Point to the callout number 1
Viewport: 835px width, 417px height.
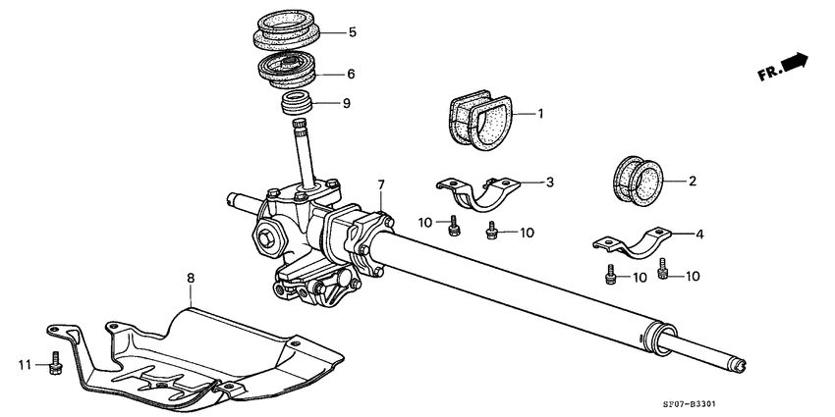539,114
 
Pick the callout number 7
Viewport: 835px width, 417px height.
381,183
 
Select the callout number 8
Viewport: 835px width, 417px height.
192,280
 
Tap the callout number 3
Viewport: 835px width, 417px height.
550,182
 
